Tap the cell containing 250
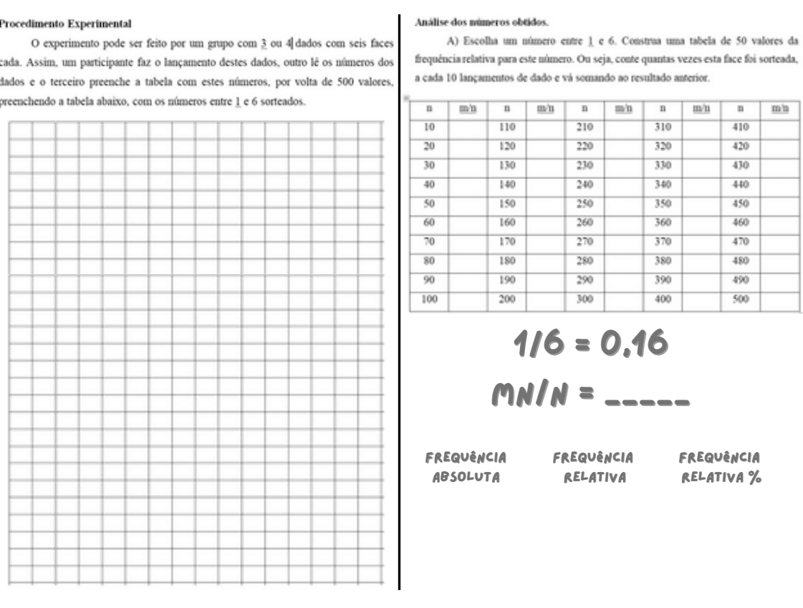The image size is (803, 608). coord(585,203)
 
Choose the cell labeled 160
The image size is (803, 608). coord(506,222)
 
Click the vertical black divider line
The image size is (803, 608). coord(399,301)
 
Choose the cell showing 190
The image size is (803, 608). coord(506,279)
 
